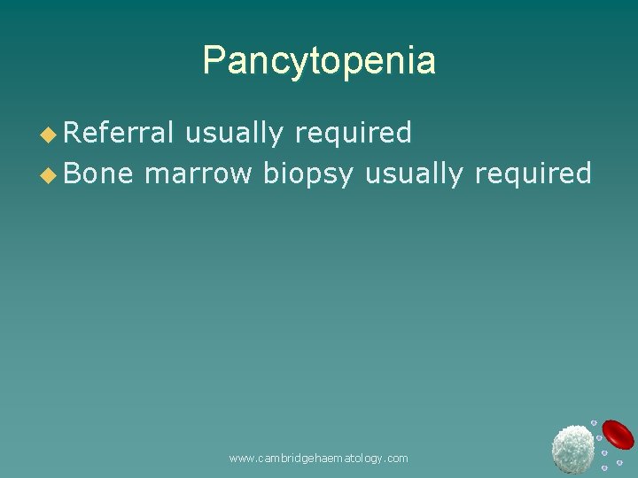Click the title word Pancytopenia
point(319,61)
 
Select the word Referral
point(120,133)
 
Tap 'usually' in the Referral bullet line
point(235,133)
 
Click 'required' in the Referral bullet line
point(353,133)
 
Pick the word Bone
point(98,173)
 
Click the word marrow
point(198,173)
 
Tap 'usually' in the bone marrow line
point(415,173)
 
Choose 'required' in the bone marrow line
point(533,173)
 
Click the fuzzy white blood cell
point(572,448)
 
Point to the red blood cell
point(618,435)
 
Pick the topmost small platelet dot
point(595,423)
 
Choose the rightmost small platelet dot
point(619,462)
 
